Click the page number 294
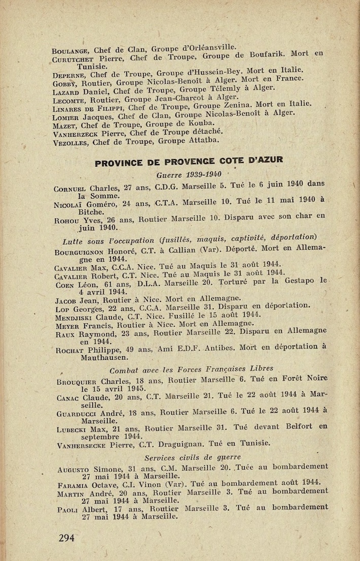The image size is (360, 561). coord(67,538)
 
